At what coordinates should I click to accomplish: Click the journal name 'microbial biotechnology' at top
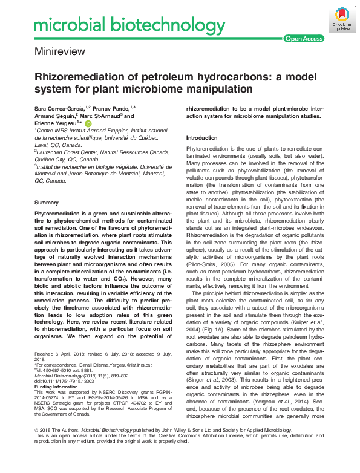coord(121,25)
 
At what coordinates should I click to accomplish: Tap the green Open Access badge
coord(304,39)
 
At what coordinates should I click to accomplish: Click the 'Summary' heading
coord(47,203)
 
